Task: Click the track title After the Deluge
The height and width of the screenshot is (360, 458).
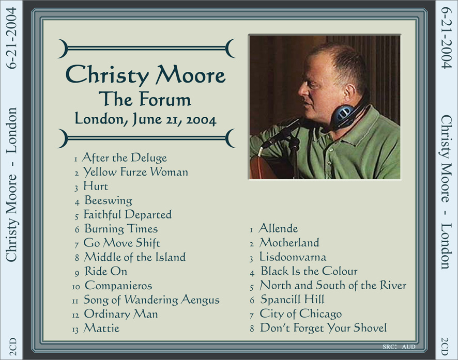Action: pos(125,158)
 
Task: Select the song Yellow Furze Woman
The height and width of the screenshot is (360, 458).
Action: pos(135,172)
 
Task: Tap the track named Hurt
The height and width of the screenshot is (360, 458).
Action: pos(96,186)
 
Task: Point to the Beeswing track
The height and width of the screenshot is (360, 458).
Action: pos(109,200)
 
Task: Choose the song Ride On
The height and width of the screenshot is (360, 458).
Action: pos(106,271)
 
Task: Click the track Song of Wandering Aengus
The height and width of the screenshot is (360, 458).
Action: pos(151,300)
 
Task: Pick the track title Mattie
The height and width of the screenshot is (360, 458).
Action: pos(101,328)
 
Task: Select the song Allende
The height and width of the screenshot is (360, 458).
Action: pos(278,228)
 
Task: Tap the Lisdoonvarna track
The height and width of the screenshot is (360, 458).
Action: pos(293,257)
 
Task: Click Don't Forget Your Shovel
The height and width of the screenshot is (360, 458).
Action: pos(324,328)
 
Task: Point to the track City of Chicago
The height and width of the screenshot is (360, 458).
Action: pos(300,314)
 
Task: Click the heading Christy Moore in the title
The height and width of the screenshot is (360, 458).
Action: pos(146,75)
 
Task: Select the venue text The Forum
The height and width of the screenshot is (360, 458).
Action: pos(145,99)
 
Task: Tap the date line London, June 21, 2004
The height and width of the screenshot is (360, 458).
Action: pos(145,119)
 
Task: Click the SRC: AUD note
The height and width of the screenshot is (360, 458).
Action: pos(399,347)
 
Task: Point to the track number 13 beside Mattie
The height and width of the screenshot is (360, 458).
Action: pos(75,330)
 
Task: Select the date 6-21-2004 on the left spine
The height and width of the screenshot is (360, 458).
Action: pos(12,38)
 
